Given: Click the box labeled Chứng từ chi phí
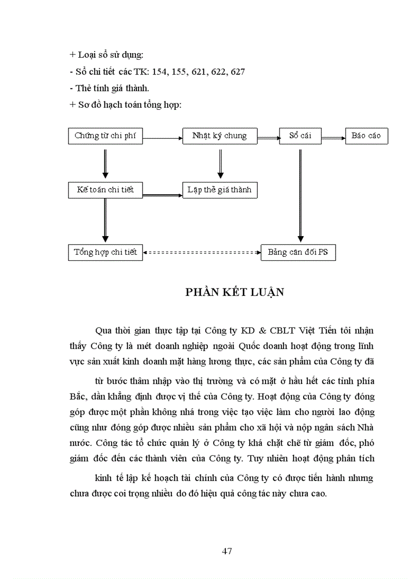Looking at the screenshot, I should click(x=106, y=136).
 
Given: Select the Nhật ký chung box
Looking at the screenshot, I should click(x=220, y=136).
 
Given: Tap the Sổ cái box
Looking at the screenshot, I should click(x=300, y=136).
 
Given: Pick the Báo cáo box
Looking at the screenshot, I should click(x=366, y=136).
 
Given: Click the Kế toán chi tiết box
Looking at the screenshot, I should click(x=106, y=190).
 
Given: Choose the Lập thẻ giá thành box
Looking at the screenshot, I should click(x=220, y=190).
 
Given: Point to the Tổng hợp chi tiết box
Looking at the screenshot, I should click(x=106, y=252).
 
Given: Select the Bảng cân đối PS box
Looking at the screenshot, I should click(x=298, y=253).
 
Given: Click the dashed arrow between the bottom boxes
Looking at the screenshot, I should click(x=202, y=253).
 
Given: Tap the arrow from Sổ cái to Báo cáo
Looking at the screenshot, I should click(x=332, y=137).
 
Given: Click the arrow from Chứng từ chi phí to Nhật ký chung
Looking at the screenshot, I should click(x=163, y=137).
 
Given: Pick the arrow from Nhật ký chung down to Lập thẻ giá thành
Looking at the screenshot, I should click(x=220, y=163).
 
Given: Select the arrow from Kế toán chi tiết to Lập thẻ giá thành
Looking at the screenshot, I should click(x=163, y=195).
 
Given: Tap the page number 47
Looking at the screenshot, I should click(x=227, y=551).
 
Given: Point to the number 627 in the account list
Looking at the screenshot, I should click(x=238, y=72).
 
